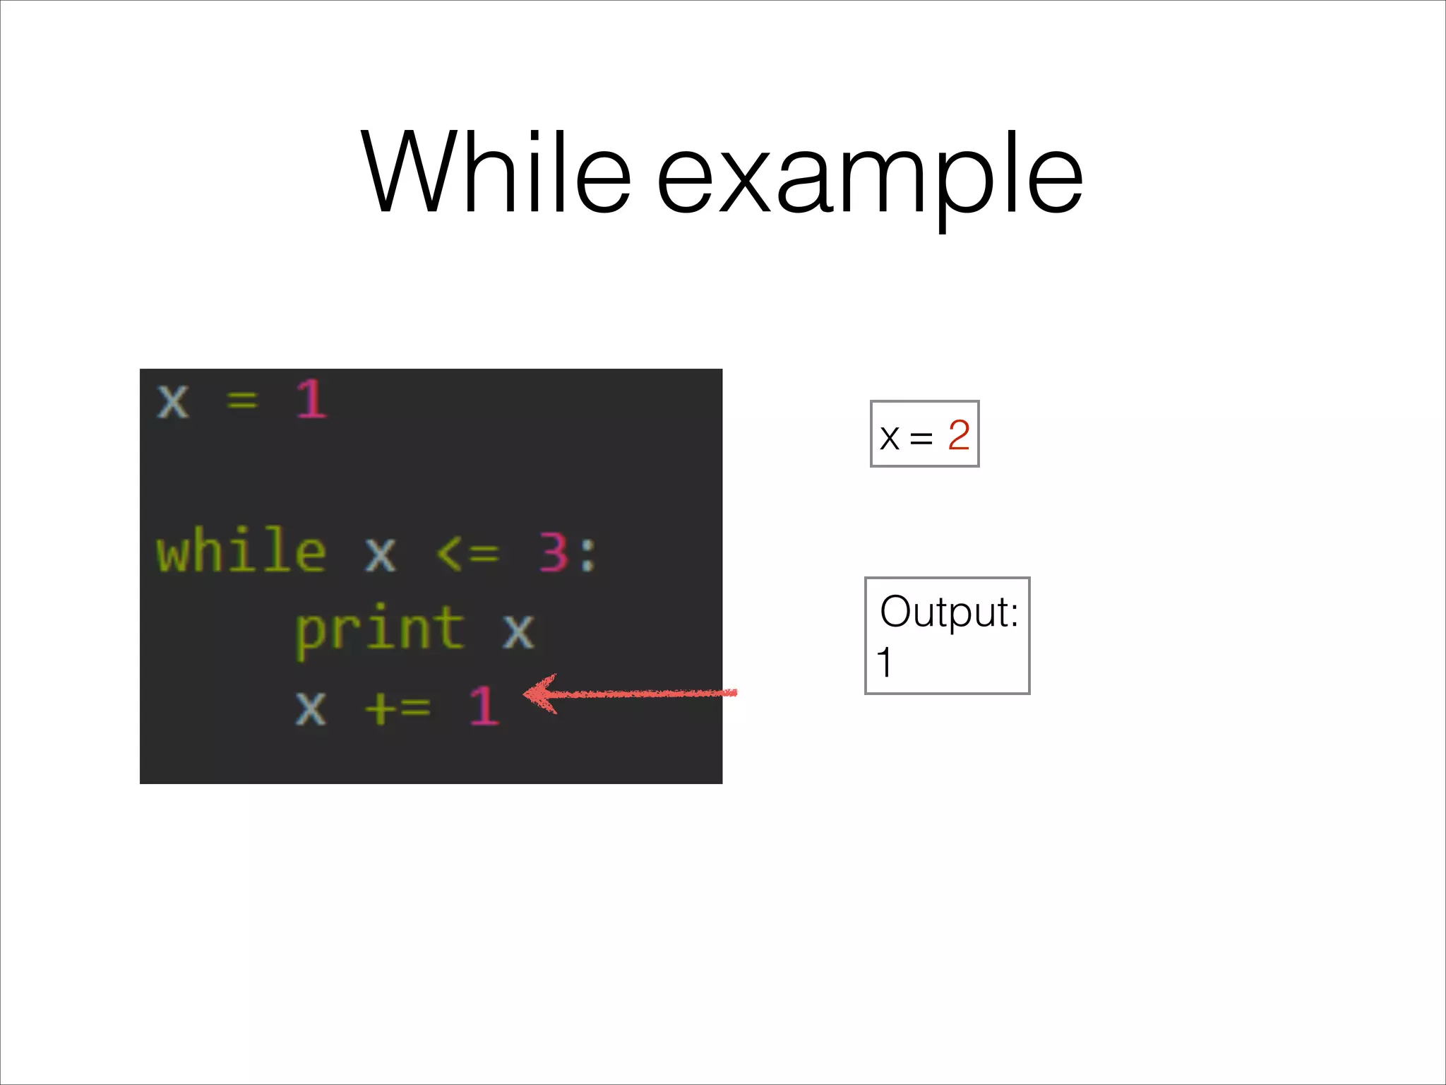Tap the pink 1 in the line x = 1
(x=311, y=400)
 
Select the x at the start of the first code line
(x=173, y=401)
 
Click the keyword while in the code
(x=241, y=551)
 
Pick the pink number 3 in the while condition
(x=554, y=552)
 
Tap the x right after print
(x=518, y=630)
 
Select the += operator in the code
(x=398, y=706)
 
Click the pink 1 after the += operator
(x=484, y=705)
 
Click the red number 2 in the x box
(x=958, y=435)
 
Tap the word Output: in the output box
(x=949, y=612)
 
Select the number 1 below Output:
(x=884, y=663)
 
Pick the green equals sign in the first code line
(x=242, y=401)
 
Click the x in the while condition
(x=381, y=554)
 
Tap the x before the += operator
(x=311, y=706)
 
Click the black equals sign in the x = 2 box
(x=921, y=439)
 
